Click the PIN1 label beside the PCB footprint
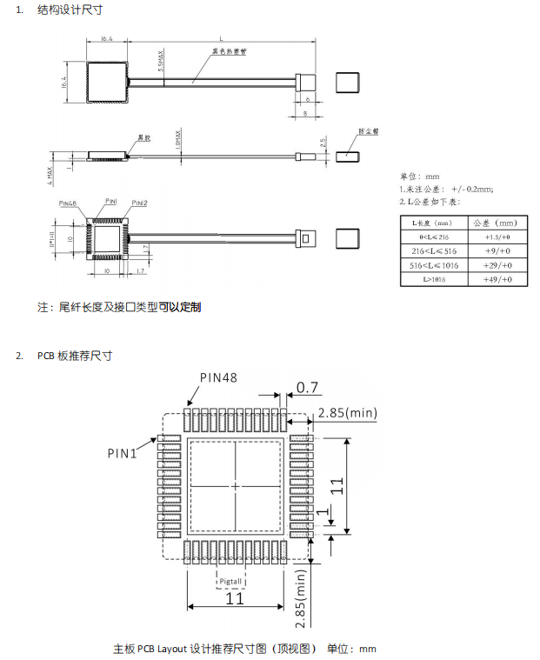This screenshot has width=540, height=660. (123, 453)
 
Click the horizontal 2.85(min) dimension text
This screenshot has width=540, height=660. (347, 412)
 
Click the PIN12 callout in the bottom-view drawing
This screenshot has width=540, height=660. (139, 203)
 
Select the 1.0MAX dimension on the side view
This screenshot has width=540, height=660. (178, 140)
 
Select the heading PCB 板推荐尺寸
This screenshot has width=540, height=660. (74, 356)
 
